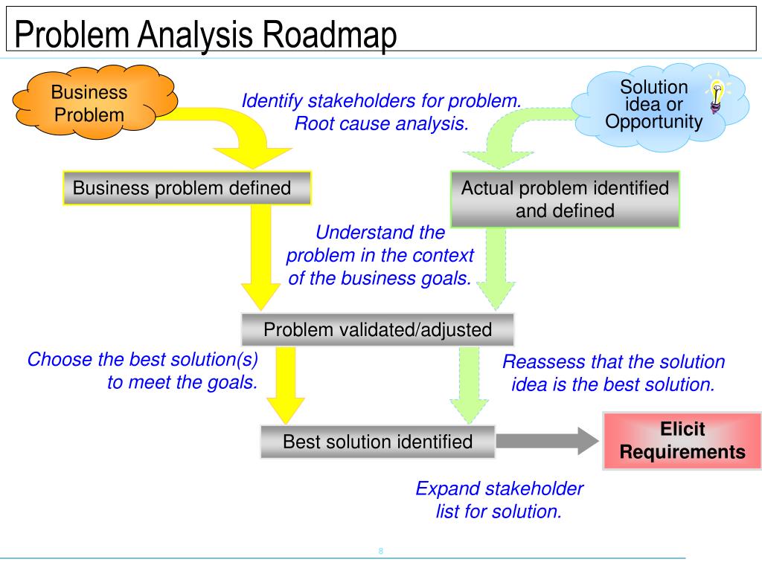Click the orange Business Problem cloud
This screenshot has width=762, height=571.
[x=89, y=104]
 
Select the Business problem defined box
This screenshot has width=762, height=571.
[x=186, y=188]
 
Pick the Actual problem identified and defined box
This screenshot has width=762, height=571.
[x=565, y=199]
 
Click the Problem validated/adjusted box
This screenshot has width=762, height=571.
[x=378, y=329]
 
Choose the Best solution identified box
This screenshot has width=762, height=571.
[x=377, y=442]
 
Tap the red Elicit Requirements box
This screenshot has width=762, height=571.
[x=682, y=441]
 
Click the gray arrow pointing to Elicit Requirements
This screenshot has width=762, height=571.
[x=547, y=441]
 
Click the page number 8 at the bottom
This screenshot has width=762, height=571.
[x=381, y=551]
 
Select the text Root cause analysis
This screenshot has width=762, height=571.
[x=382, y=123]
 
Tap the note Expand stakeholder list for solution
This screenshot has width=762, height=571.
[x=499, y=500]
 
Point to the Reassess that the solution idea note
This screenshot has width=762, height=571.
[x=613, y=372]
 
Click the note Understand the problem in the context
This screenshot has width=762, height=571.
[x=380, y=255]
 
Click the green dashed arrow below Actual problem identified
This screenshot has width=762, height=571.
[x=491, y=268]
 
